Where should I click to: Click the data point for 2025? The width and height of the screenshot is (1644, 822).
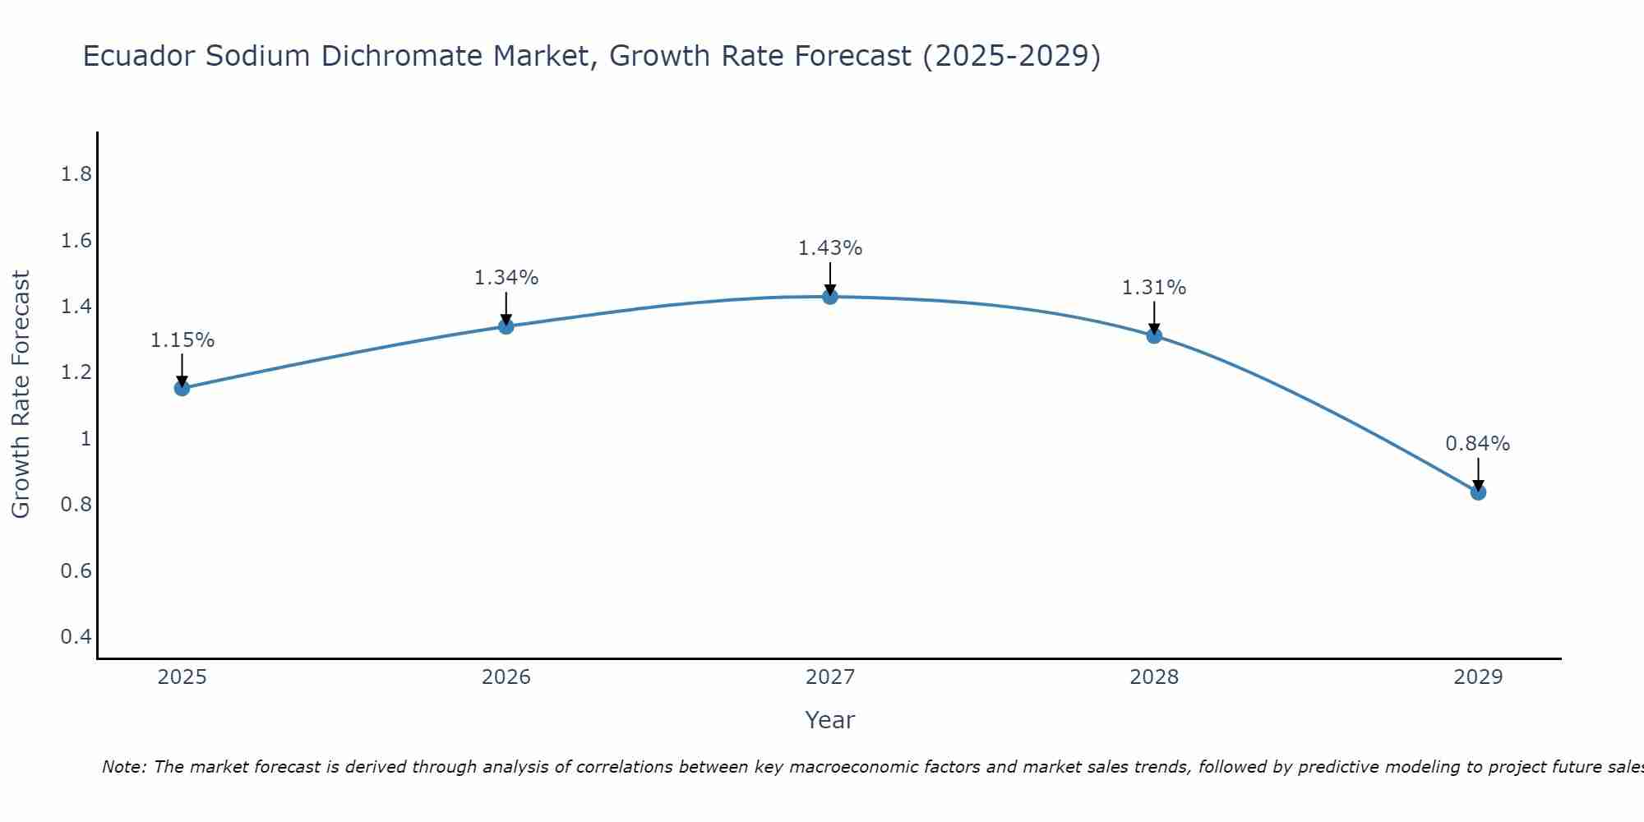coord(182,388)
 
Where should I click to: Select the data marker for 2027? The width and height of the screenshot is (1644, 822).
coord(830,297)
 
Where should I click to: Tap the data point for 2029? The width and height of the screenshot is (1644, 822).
coord(1478,492)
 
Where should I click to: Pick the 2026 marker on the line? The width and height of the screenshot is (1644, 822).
coord(506,326)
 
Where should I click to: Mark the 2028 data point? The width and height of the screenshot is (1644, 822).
coord(1154,335)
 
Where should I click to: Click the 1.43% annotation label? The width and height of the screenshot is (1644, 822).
coord(830,248)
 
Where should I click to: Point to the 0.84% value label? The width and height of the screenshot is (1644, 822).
coord(1478,444)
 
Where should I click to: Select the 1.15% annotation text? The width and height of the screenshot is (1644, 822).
coord(182,340)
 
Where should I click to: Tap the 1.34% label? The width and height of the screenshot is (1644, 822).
coord(506,278)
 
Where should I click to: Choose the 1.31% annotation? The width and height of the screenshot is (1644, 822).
coord(1154,288)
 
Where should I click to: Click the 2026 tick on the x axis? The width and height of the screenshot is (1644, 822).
coord(506,677)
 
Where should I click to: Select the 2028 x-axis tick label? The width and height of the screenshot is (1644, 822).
coord(1154,677)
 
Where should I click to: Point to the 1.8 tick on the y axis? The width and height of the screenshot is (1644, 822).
coord(76,174)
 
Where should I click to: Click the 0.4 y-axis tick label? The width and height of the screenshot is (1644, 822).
coord(76,637)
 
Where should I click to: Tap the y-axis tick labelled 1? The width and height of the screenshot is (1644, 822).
coord(85,439)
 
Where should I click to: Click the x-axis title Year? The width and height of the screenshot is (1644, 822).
coord(830,720)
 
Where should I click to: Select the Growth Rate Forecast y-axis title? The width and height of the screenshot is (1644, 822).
coord(21,395)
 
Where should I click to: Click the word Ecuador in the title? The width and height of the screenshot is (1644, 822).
coord(139,56)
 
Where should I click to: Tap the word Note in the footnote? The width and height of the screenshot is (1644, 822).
coord(123,767)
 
